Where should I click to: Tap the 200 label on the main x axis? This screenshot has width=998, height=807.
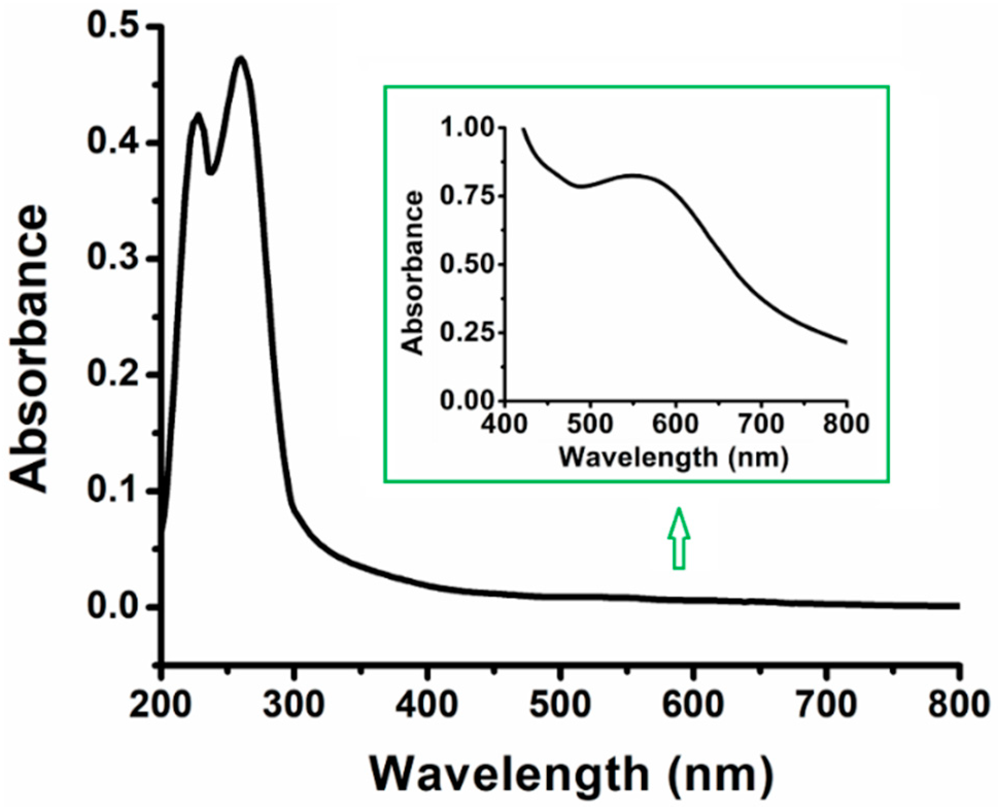coord(161,704)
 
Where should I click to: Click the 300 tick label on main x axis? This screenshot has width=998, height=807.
coord(294,704)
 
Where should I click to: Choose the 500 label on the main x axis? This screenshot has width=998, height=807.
coord(560,704)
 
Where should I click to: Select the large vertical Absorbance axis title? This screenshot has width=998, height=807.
coord(30,350)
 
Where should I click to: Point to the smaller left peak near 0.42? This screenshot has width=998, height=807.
coord(198,115)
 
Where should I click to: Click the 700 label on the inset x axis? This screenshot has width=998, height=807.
coord(761,424)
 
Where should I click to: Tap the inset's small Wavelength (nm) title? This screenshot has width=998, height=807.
coord(674,457)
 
